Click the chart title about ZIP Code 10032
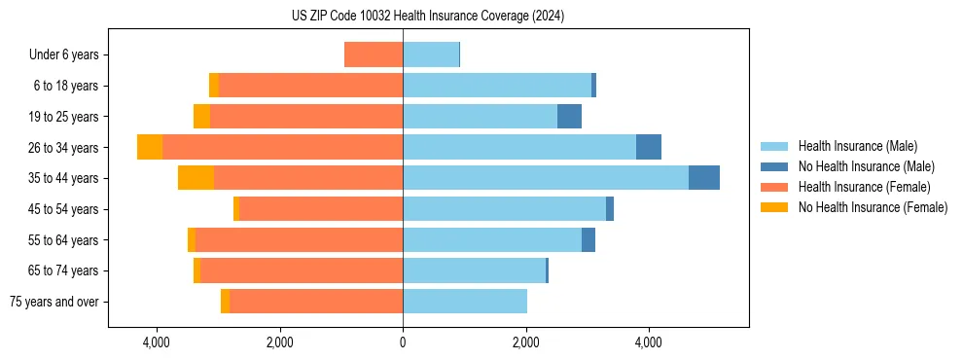pyautogui.click(x=427, y=17)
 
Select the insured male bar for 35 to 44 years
pyautogui.click(x=545, y=178)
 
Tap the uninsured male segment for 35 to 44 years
pyautogui.click(x=703, y=178)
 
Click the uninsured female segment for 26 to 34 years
pyautogui.click(x=150, y=147)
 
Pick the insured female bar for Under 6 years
pyautogui.click(x=374, y=54)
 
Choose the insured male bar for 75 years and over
pyautogui.click(x=465, y=302)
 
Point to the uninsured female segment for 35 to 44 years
pyautogui.click(x=196, y=178)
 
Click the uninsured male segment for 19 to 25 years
pyautogui.click(x=569, y=117)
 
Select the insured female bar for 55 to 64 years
pyautogui.click(x=299, y=239)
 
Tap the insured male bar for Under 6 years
pyautogui.click(x=431, y=54)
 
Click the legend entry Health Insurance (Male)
pyautogui.click(x=856, y=147)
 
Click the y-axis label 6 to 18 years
pyautogui.click(x=66, y=86)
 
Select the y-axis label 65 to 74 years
pyautogui.click(x=64, y=270)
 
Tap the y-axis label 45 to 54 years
pyautogui.click(x=64, y=209)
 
